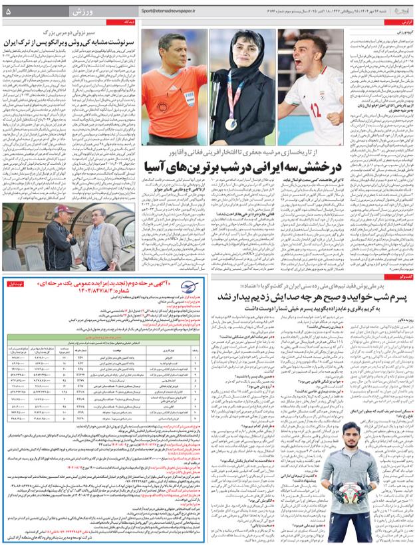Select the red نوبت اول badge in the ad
(x=13, y=284)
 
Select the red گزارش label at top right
(x=404, y=22)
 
